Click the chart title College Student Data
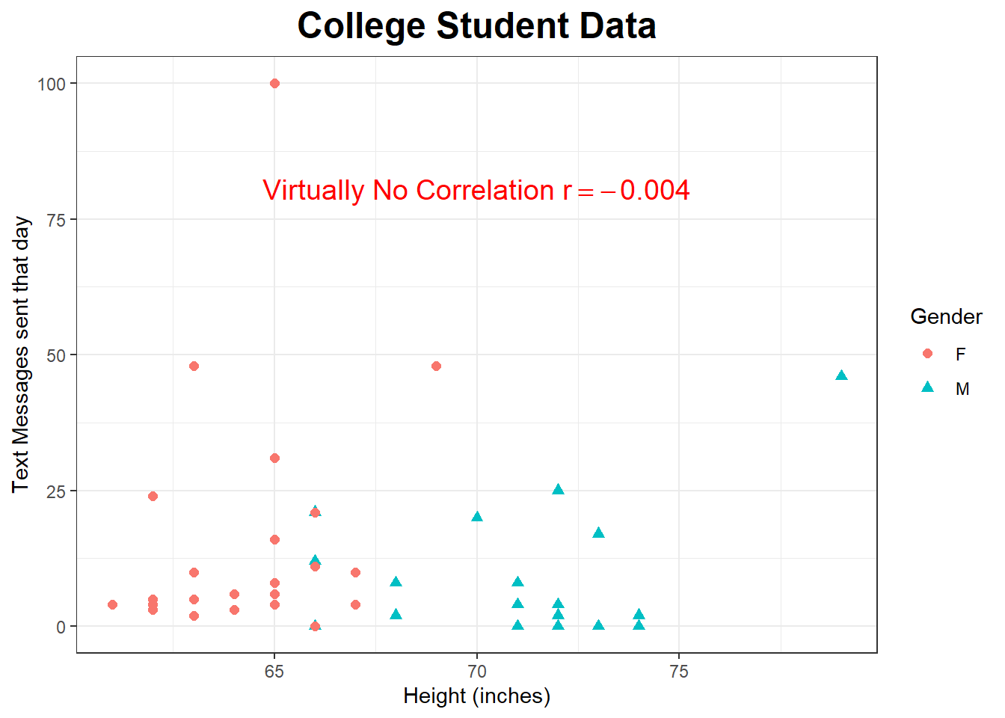point(476,26)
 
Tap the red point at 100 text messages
point(274,83)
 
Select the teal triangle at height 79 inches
point(841,375)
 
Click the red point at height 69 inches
point(436,366)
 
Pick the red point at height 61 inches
point(112,604)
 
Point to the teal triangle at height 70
point(477,517)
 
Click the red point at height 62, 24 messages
point(153,496)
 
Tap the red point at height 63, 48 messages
point(194,366)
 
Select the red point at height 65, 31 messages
point(274,458)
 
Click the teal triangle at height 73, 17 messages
point(598,533)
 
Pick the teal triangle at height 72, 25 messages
point(558,490)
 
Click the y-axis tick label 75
point(56,219)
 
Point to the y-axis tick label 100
point(52,84)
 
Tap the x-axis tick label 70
point(476,672)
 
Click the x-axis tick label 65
point(274,672)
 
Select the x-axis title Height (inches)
point(476,696)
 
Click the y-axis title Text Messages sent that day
point(21,354)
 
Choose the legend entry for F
point(960,355)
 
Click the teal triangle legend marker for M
point(927,387)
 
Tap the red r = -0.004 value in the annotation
point(626,190)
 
